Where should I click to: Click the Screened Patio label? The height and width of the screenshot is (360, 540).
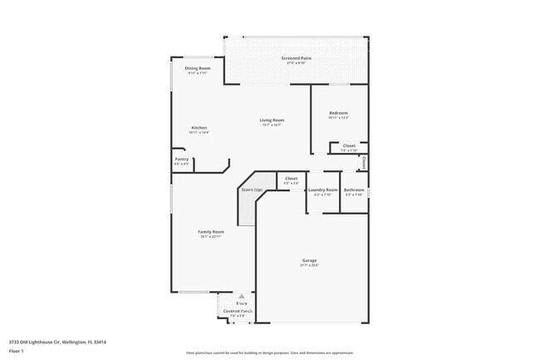297,57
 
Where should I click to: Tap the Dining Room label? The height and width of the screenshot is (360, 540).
197,68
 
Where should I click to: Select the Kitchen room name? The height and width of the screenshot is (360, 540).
199,127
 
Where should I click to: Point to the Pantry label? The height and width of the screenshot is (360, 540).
181,159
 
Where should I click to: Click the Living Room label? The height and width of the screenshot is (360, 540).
272,120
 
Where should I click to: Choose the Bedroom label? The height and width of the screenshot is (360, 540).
338,113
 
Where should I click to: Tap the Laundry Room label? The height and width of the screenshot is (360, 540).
322,190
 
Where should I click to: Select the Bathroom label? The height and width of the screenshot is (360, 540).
355,190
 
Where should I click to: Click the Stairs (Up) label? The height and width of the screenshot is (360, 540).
252,190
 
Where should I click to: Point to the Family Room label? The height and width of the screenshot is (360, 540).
210,231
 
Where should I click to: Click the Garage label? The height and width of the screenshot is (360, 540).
309,260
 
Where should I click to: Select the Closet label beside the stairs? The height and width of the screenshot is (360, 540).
292,178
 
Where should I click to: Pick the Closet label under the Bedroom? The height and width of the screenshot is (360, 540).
349,145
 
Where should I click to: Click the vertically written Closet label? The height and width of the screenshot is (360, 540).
364,162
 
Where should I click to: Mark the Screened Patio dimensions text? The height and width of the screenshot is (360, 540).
297,63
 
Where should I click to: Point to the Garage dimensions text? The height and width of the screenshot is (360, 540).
309,266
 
